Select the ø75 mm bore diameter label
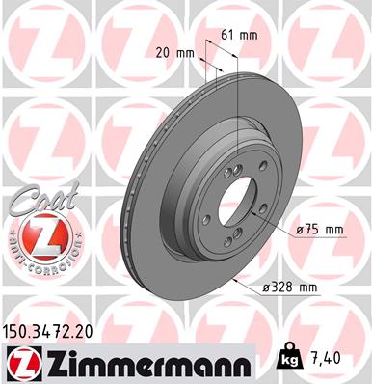pos(319,229)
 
